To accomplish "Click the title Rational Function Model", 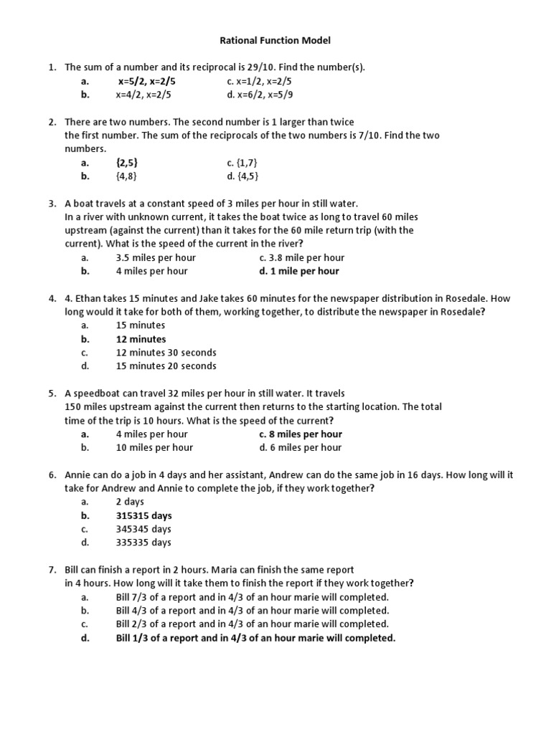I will pyautogui.click(x=275, y=41).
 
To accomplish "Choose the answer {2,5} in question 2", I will pyautogui.click(x=127, y=163).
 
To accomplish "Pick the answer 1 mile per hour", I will pyautogui.click(x=299, y=271).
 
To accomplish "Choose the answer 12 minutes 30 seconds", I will pyautogui.click(x=166, y=353).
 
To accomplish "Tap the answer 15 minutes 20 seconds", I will pyautogui.click(x=166, y=366).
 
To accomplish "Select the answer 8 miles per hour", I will pyautogui.click(x=301, y=434).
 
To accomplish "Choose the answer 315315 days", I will pyautogui.click(x=143, y=515).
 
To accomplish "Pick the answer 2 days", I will pyautogui.click(x=130, y=502).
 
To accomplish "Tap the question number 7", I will pyautogui.click(x=52, y=570).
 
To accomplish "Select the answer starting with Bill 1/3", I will pyautogui.click(x=255, y=638).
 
